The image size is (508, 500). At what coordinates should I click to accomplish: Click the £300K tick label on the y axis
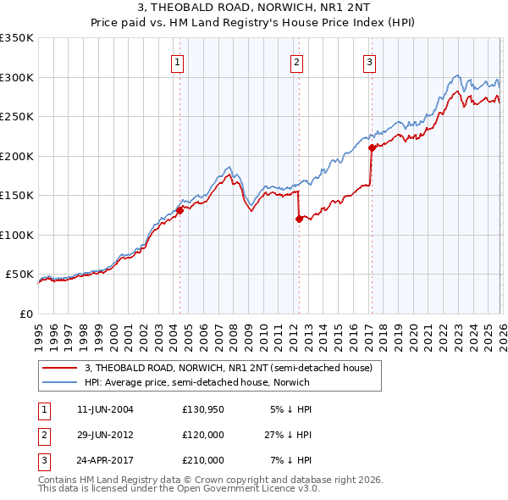(17, 77)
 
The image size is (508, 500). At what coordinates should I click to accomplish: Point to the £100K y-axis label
(17, 235)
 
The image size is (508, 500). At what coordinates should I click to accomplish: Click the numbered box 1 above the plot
(178, 61)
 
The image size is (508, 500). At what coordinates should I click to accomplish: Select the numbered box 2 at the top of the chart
(297, 61)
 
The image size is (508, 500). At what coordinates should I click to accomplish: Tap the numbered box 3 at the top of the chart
(370, 61)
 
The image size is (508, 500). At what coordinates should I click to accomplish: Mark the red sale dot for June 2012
(299, 219)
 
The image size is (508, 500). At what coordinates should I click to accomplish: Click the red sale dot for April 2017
(371, 148)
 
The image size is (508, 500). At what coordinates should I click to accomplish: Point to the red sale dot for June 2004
(179, 210)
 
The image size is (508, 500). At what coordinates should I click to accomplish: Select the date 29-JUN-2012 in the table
(105, 435)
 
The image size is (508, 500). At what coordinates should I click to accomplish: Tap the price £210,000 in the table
(203, 460)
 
